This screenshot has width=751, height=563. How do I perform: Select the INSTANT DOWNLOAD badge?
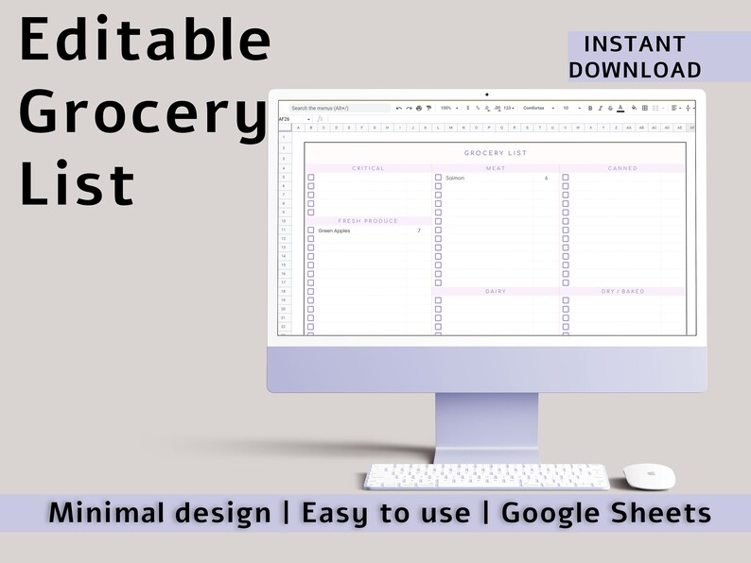[x=635, y=57]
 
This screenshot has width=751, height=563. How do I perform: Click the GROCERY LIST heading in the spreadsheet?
[x=496, y=153]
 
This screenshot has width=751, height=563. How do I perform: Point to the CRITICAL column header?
[x=368, y=168]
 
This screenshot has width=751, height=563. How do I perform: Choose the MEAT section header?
[x=496, y=168]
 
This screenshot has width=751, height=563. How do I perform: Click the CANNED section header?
[x=622, y=168]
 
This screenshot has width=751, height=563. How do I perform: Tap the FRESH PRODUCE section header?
[x=368, y=221]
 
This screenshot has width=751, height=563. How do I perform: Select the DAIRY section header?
[x=496, y=291]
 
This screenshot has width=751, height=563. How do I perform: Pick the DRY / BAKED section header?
[x=622, y=291]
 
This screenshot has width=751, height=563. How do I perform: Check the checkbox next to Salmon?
[x=438, y=178]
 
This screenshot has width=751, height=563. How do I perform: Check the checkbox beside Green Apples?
[x=311, y=230]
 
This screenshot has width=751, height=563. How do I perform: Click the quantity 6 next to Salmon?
[x=547, y=178]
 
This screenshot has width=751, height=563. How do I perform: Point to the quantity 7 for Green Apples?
[x=419, y=230]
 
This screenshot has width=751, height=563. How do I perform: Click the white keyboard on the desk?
[x=487, y=475]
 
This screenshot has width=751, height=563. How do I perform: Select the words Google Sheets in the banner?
[x=605, y=513]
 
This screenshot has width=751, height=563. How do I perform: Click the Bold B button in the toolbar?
[x=590, y=109]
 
